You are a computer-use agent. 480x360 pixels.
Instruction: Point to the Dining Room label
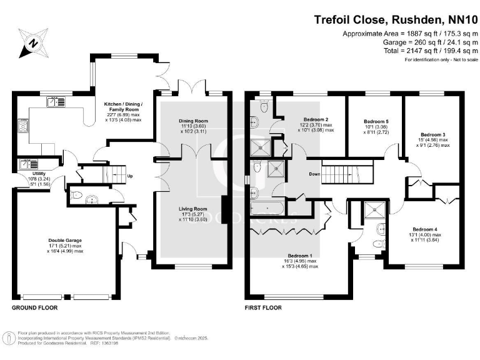click(x=192, y=121)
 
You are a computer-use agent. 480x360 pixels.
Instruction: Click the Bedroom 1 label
click(x=300, y=256)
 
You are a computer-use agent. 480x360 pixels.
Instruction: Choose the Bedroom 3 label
click(x=432, y=134)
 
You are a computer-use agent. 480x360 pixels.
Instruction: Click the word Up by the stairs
click(x=129, y=176)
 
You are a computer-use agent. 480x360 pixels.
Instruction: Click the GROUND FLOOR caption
click(x=35, y=308)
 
